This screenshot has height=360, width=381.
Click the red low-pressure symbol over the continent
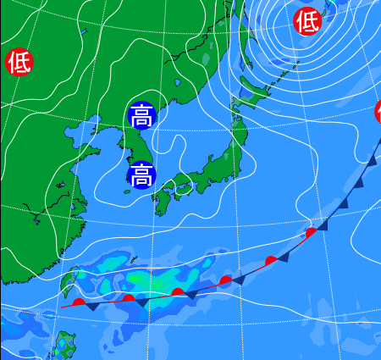[x=18, y=62]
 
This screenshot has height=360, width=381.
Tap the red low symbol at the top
[x=307, y=21]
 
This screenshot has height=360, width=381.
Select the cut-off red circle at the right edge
[x=378, y=111]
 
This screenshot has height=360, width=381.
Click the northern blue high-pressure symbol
[x=141, y=116]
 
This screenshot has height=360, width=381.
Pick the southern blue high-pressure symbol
[x=141, y=175]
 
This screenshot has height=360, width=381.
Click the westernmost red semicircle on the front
[x=79, y=301]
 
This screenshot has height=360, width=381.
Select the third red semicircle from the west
[x=178, y=292]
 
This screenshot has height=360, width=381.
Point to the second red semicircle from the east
[x=271, y=259]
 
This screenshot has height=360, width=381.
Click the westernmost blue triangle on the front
[x=91, y=307]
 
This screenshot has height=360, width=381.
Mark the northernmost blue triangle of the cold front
[x=373, y=160]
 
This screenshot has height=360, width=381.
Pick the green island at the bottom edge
[x=64, y=346]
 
